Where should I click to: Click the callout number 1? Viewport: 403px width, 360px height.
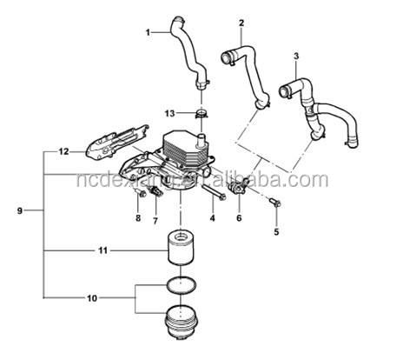point(148,32)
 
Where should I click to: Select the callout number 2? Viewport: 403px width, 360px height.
point(241,23)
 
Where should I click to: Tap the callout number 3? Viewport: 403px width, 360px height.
point(296,57)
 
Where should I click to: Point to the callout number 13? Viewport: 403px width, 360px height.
point(170,113)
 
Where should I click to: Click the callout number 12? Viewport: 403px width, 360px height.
point(63,151)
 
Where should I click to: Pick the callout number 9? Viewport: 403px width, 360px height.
point(20,210)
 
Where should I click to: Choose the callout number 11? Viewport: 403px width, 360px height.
point(102,250)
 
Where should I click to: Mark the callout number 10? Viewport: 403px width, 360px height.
point(92,298)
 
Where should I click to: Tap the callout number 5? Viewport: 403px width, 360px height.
point(276,231)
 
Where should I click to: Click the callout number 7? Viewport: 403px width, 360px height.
point(155,221)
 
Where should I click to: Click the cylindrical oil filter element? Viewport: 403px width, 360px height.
point(181,247)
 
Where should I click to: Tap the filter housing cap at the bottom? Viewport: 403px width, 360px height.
point(182,323)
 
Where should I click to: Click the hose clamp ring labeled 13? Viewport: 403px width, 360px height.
point(201,113)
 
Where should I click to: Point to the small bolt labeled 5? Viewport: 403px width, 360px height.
point(275,202)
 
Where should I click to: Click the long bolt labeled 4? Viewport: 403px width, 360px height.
point(213,191)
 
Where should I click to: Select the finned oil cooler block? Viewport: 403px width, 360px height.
point(184,148)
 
